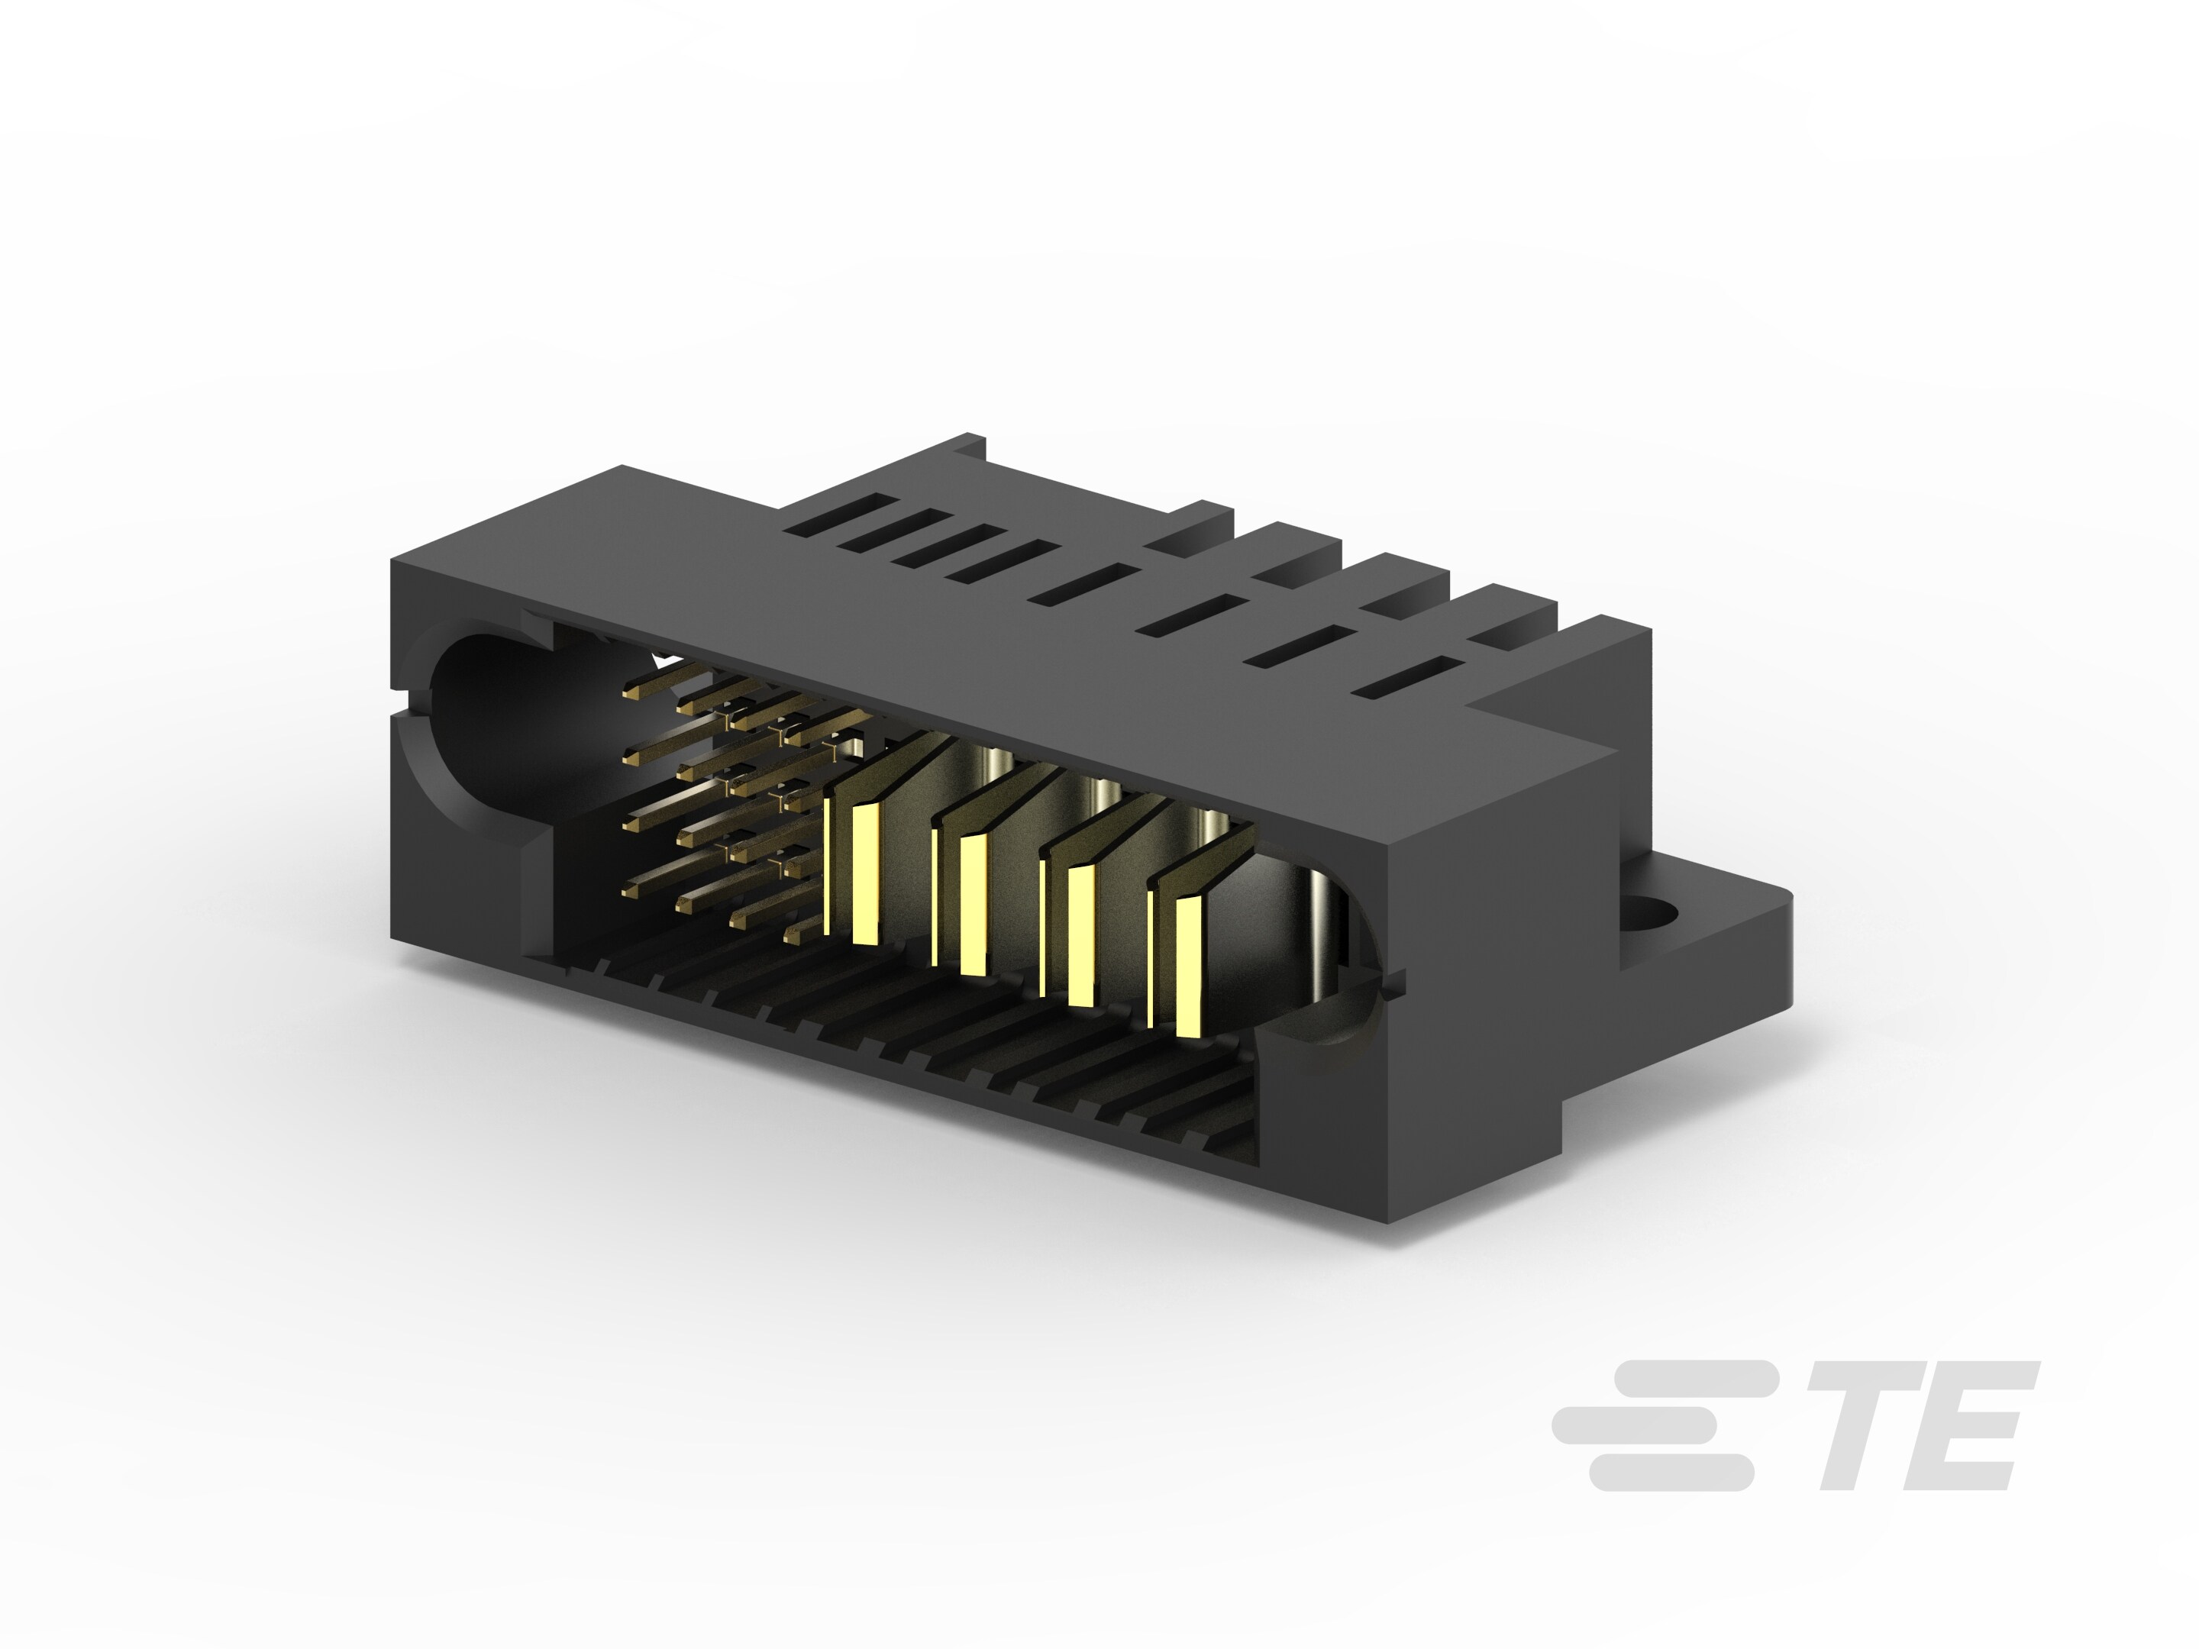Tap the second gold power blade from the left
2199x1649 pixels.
pos(974,905)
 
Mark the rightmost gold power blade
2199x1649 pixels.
pos(1190,966)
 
